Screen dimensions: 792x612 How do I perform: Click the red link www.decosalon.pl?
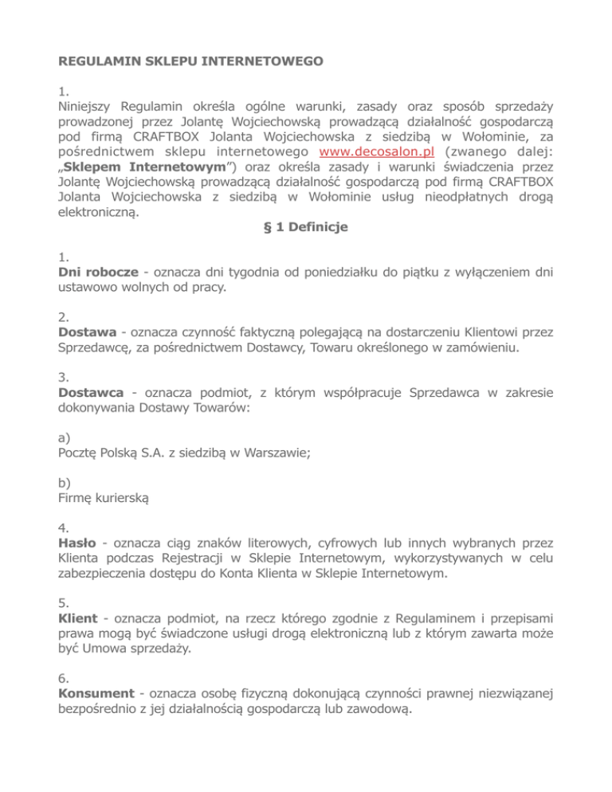coord(376,152)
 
